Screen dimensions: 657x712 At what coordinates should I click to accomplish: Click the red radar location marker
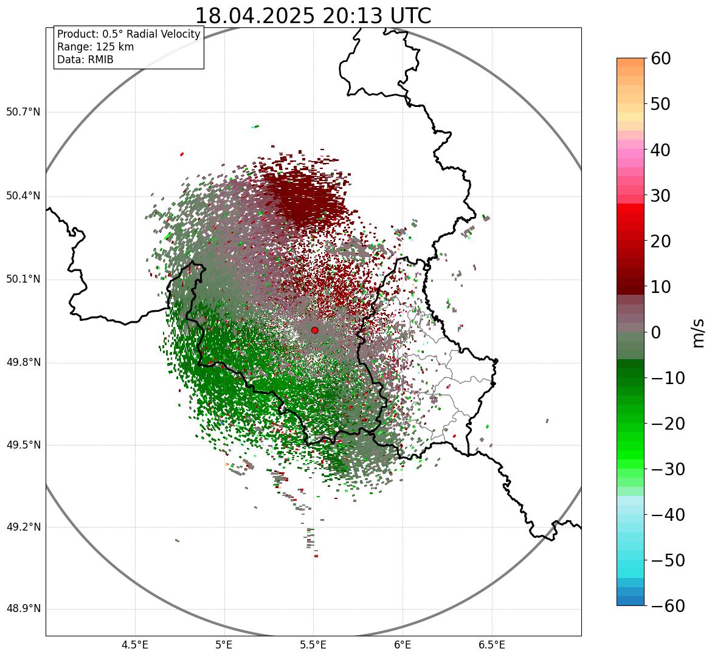pos(315,330)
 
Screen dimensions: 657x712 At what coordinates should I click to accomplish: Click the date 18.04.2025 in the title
pos(255,16)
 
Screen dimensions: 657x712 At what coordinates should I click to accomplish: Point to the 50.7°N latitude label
pos(23,112)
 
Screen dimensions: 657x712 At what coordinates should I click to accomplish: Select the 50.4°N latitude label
pos(23,196)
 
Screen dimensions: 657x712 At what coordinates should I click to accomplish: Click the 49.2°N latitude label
pos(23,527)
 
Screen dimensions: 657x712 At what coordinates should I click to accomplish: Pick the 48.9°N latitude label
pos(23,609)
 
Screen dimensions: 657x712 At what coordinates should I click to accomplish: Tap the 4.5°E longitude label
pos(135,645)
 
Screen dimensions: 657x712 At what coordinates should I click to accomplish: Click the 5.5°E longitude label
pos(313,645)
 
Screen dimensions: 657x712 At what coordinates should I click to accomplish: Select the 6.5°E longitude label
pos(492,645)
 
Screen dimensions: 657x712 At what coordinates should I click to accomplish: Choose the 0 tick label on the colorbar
pos(656,332)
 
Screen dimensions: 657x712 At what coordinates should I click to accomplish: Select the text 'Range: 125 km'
pos(95,47)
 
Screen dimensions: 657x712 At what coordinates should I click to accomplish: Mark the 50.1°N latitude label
pos(23,280)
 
